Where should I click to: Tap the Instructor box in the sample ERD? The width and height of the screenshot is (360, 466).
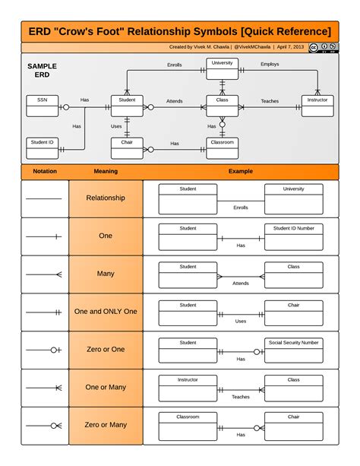(317, 105)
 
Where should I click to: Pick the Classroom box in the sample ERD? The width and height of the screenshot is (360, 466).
(222, 147)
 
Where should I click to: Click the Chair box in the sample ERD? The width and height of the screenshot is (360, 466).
(127, 147)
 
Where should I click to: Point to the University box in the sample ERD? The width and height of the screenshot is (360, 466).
(222, 68)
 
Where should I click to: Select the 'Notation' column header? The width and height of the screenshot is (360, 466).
(45, 172)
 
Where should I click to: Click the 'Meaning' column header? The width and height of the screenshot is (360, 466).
(106, 172)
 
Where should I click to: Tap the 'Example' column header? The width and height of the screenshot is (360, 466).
(240, 172)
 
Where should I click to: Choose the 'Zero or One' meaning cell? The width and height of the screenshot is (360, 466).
(106, 350)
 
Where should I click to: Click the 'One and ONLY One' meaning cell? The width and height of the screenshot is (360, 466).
(106, 312)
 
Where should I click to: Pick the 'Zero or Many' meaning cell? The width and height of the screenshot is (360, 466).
(106, 425)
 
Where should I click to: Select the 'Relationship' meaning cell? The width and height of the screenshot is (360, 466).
(106, 198)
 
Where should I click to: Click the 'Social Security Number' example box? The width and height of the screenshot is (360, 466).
(293, 350)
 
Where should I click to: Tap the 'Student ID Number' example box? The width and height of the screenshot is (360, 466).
(293, 235)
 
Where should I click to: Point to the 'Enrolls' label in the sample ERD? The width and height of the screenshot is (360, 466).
(175, 65)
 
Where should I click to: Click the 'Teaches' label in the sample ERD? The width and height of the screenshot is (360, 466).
(270, 101)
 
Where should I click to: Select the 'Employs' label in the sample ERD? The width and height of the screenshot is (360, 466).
(270, 65)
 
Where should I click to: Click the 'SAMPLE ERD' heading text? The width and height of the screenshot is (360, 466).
(42, 71)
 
